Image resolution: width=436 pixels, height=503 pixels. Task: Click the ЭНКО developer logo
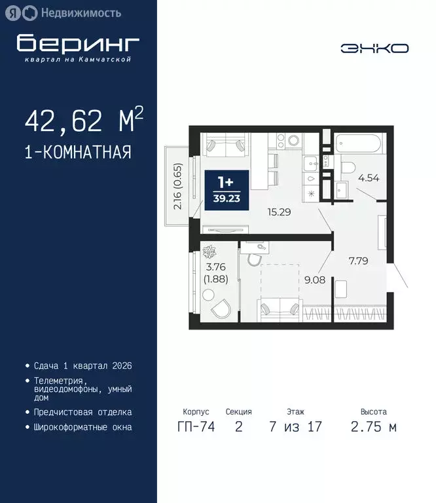pos(374,48)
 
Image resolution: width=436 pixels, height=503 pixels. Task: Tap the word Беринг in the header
pos(78,43)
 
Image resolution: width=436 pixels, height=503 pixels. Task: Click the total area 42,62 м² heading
pos(84,121)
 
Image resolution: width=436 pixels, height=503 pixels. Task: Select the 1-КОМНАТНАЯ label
pos(78,153)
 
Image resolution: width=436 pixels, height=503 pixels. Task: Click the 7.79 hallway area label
pos(358,261)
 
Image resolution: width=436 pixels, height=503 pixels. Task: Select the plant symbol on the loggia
pos(211,251)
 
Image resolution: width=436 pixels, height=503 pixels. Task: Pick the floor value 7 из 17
pos(295,427)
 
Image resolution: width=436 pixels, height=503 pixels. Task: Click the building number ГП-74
pos(194,427)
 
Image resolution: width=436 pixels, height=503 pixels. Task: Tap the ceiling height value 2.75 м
pos(373,427)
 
